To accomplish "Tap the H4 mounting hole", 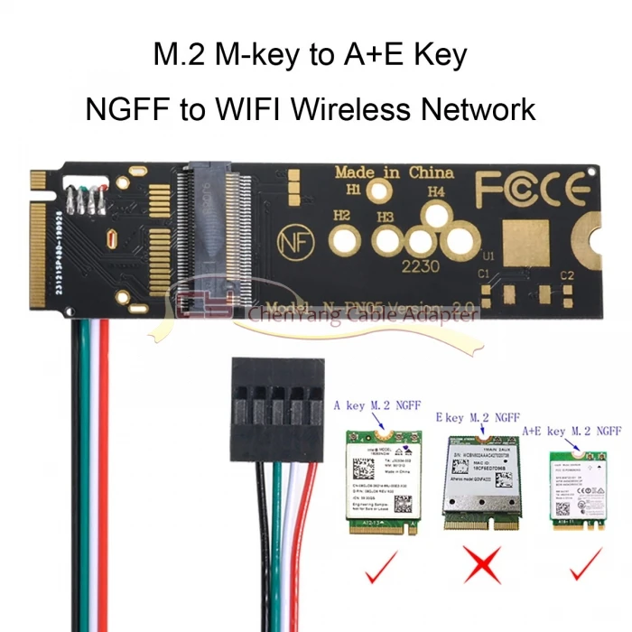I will tap(438, 215).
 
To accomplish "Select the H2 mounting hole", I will tap(343, 239).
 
